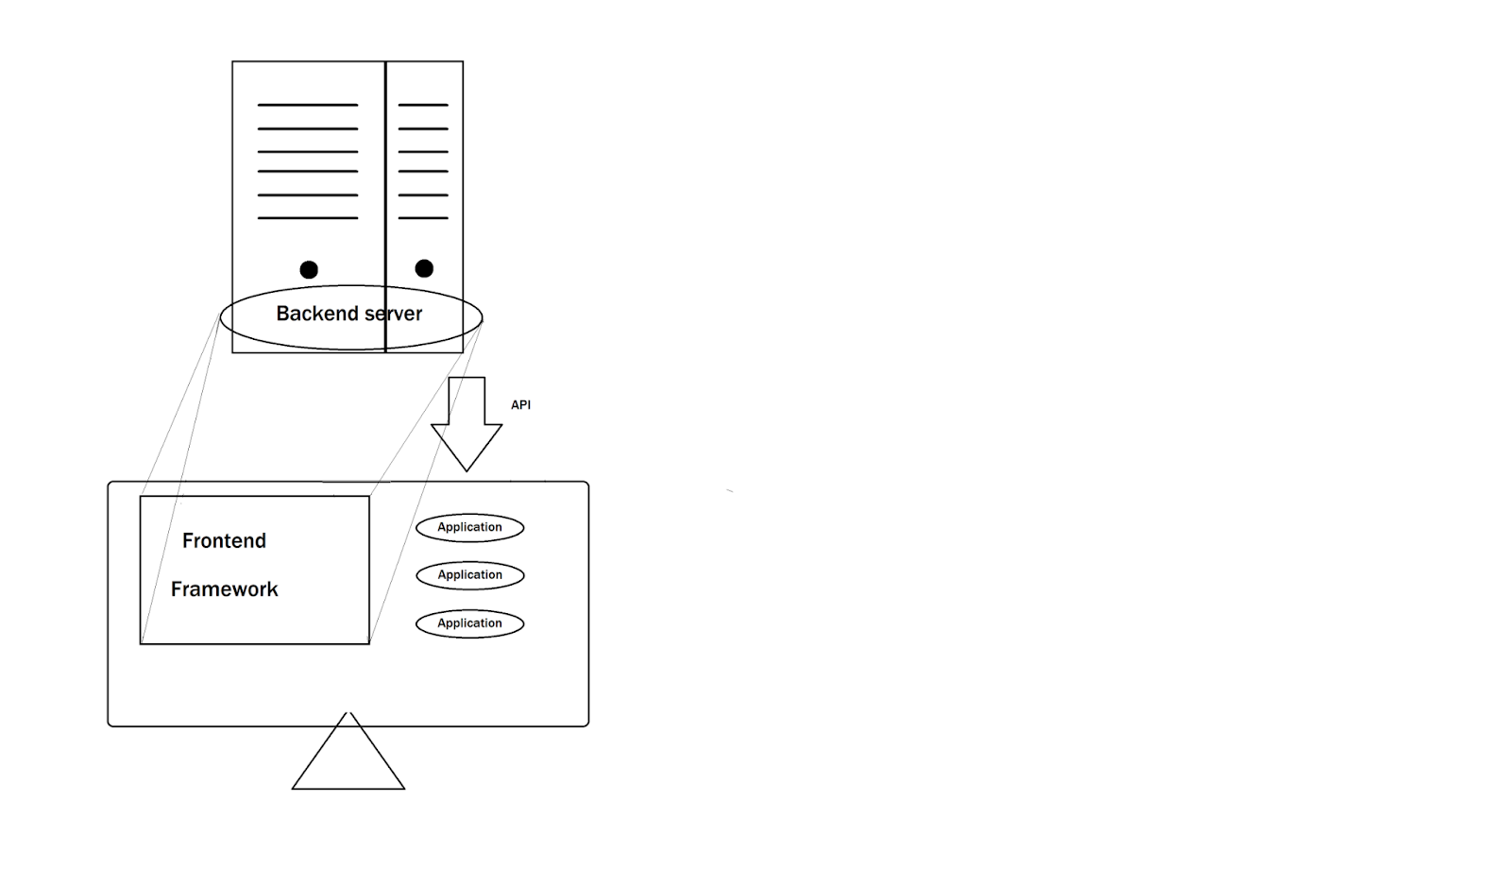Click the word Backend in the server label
[x=316, y=314]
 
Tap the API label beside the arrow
[x=520, y=405]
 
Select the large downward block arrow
[x=467, y=424]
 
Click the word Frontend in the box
[x=224, y=541]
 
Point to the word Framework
[x=224, y=589]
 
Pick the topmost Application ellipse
[x=470, y=528]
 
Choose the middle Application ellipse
[x=470, y=575]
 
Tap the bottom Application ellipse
[x=470, y=623]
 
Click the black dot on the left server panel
[x=309, y=270]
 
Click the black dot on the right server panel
[x=424, y=268]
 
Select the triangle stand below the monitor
[x=348, y=751]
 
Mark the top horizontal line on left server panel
[x=308, y=105]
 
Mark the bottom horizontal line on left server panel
[x=308, y=218]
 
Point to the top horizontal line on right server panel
[x=423, y=105]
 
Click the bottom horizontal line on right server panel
[x=423, y=218]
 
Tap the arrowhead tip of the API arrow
[x=467, y=471]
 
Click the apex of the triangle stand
[x=348, y=713]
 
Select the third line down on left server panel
[x=308, y=152]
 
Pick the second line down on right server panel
[x=423, y=128]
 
